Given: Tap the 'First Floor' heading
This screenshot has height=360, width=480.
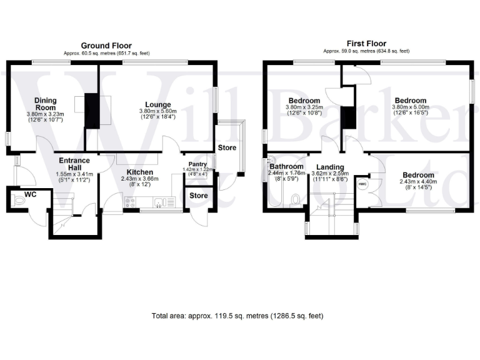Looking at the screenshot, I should (x=367, y=43).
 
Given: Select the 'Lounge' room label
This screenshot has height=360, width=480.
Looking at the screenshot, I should (x=158, y=104).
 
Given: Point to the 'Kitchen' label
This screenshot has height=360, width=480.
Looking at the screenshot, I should (x=140, y=172).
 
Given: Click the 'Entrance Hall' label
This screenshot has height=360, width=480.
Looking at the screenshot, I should (x=74, y=164).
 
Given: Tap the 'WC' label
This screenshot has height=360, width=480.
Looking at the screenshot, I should (x=31, y=195).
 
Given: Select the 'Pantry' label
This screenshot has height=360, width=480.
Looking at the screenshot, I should (x=198, y=164).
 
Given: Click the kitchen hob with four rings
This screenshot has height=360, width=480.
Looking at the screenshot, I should (x=131, y=202).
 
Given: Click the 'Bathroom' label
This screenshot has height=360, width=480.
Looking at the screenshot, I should (x=286, y=167).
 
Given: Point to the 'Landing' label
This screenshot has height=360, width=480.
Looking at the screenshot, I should (x=330, y=167).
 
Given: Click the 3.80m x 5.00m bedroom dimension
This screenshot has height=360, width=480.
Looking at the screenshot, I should (x=411, y=110).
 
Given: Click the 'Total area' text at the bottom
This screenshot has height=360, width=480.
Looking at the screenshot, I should (x=237, y=316).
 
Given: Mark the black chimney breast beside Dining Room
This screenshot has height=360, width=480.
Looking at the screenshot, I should (x=92, y=110).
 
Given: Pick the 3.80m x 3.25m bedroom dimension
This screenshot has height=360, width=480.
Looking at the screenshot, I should (x=304, y=110).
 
